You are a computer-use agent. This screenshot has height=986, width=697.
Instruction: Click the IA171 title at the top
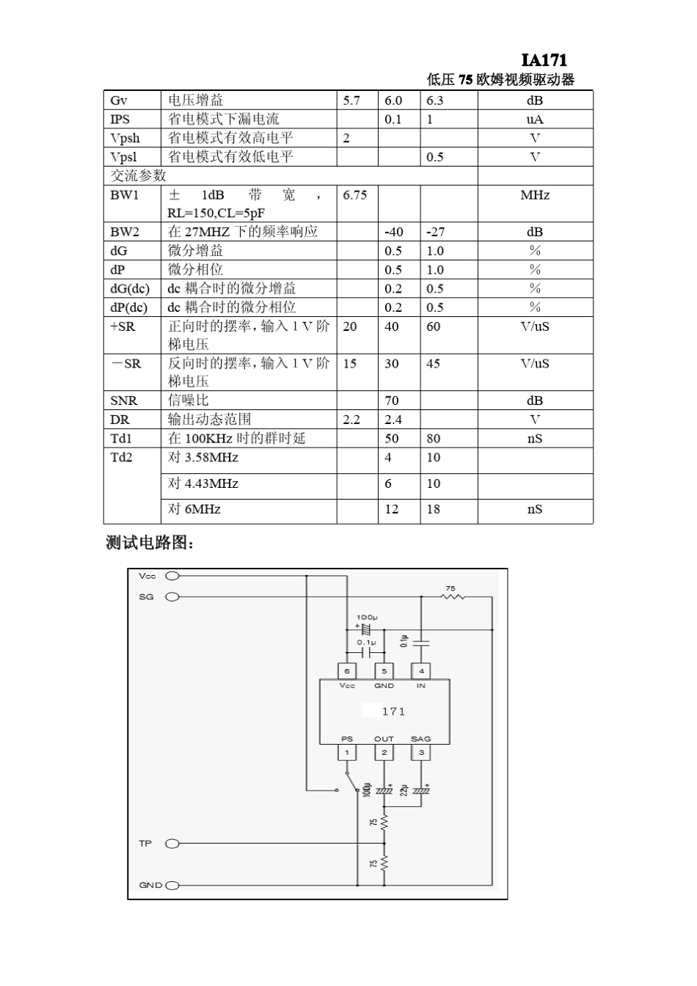point(544,60)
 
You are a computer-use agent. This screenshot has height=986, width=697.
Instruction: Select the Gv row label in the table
point(118,101)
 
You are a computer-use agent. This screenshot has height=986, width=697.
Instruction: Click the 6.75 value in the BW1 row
point(355,195)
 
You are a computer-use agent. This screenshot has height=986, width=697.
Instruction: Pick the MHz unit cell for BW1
point(535,195)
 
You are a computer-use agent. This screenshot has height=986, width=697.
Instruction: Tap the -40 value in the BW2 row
point(394,232)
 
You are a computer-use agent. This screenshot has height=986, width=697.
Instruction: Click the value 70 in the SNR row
point(392,401)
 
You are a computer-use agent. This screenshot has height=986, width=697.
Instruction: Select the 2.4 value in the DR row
point(393,420)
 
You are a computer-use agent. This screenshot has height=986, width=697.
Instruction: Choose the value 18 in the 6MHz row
point(434,509)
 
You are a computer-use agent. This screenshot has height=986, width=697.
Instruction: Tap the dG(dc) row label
point(129,288)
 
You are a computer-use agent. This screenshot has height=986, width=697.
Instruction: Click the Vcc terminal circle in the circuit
point(172,577)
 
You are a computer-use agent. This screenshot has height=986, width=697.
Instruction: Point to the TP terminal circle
point(172,844)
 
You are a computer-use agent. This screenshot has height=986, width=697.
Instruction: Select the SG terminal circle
point(172,597)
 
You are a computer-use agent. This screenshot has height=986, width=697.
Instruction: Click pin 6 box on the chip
point(347,671)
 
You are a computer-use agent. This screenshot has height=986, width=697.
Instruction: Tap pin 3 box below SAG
point(421,753)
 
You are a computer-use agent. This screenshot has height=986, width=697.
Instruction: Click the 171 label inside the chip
point(393,712)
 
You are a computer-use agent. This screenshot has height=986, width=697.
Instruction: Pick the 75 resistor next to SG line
point(453,596)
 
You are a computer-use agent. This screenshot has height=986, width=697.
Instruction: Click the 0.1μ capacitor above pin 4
point(421,643)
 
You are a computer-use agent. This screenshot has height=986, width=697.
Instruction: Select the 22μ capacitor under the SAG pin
point(421,791)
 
